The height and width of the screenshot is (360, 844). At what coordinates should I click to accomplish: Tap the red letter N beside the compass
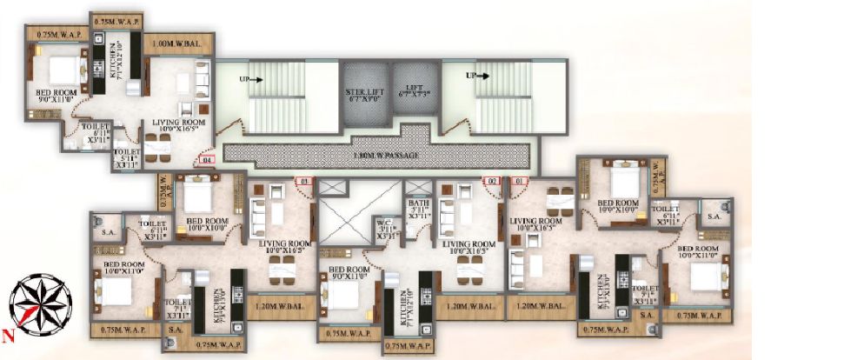[8, 334]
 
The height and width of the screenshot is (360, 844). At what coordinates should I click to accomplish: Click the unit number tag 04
[206, 160]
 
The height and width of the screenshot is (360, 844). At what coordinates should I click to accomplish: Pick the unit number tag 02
[491, 181]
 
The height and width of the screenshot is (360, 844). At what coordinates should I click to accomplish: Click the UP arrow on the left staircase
[253, 78]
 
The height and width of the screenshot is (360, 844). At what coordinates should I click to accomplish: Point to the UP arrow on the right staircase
[478, 76]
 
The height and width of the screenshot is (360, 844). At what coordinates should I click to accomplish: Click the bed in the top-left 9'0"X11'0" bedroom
[60, 67]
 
